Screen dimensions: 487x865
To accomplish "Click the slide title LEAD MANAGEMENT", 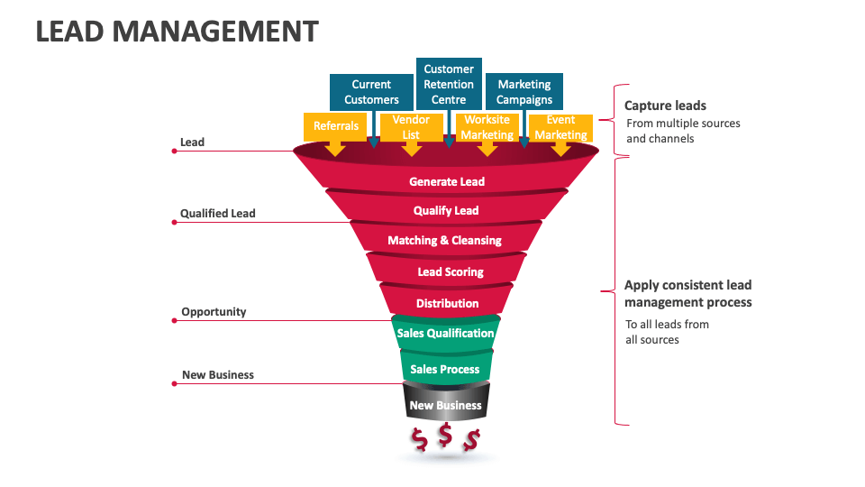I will [x=177, y=32].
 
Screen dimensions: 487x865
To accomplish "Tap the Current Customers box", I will [x=371, y=92].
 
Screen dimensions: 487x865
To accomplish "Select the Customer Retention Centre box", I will [x=449, y=83].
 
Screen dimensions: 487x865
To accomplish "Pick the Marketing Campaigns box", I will [x=524, y=92].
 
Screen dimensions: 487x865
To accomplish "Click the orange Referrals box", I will [x=336, y=126].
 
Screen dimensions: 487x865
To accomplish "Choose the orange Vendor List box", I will [x=411, y=126].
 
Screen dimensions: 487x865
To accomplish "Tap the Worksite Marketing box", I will [x=487, y=126].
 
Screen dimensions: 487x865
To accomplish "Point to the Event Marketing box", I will [x=560, y=126].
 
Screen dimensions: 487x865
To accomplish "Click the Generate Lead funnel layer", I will [x=447, y=181].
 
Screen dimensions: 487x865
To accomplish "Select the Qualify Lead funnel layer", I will [x=446, y=210].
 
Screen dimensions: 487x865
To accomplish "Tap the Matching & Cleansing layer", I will [x=445, y=241].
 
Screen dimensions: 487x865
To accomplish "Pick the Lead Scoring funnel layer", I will [x=450, y=271].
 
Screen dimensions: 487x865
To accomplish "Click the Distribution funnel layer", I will [x=447, y=303].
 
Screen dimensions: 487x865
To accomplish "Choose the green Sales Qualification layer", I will [x=445, y=333].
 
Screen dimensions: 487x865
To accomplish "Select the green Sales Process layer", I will [x=446, y=369].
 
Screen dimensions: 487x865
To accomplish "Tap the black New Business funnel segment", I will [x=445, y=405].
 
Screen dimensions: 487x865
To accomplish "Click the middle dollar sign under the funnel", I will [x=445, y=436].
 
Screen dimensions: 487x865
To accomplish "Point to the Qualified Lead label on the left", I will [x=217, y=214].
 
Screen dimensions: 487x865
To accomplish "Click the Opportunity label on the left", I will [x=214, y=312].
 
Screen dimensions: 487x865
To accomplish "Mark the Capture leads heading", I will [x=665, y=106].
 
